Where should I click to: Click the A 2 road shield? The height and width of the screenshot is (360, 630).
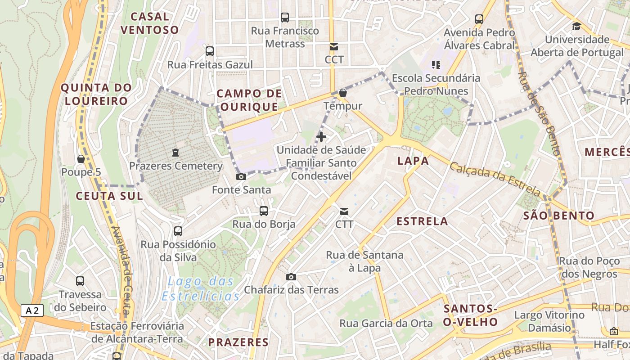pos(32,310)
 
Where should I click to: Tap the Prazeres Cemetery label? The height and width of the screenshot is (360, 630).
pos(176,166)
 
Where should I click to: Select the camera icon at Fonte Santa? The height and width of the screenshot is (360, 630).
pos(241,177)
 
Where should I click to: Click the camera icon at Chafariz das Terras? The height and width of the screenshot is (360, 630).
pos(291,277)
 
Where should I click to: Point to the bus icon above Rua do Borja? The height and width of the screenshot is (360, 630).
pos(264,211)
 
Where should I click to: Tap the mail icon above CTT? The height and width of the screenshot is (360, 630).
pos(344,211)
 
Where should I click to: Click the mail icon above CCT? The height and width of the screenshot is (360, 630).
pos(334,47)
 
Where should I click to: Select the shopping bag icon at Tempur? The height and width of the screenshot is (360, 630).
pos(343,93)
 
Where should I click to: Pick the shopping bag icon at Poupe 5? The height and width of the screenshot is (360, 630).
pos(81,159)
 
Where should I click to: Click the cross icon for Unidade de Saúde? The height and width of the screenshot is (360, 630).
pos(321,136)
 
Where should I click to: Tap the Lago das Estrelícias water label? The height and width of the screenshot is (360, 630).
pos(201,289)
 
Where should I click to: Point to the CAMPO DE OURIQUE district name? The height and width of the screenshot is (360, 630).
pos(249,100)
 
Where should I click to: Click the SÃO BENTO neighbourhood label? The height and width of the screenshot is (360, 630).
pos(559,216)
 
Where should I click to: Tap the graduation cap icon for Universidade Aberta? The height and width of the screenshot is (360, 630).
pos(576,26)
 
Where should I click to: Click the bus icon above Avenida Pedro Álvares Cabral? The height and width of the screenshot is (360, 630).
pos(479,19)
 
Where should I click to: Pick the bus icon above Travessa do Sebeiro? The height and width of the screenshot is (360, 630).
pos(80,281)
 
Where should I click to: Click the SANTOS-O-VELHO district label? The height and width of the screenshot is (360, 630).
pos(470,315)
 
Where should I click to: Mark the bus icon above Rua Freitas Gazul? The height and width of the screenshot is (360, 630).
pos(210,51)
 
